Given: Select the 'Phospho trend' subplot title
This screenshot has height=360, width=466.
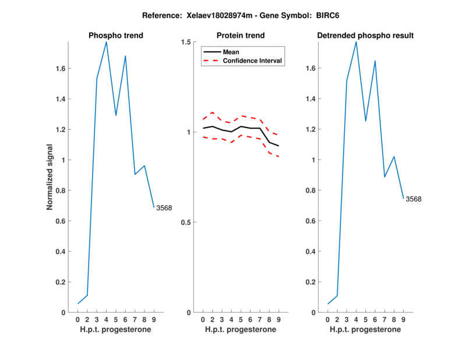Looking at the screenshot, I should [116, 36].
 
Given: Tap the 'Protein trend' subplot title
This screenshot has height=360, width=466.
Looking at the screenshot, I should [241, 36].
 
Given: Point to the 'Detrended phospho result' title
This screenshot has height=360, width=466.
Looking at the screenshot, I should [365, 36].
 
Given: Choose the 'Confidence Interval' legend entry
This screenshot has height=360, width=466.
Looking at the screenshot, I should [253, 60].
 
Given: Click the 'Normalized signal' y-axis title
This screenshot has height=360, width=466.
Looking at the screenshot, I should [50, 177].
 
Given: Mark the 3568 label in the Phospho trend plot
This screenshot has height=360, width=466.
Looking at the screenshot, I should [164, 207].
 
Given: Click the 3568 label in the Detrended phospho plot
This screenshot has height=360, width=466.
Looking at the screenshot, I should [413, 199].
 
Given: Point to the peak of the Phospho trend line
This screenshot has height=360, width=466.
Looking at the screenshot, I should [106, 41].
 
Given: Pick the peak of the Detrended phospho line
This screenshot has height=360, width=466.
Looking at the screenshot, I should [356, 41].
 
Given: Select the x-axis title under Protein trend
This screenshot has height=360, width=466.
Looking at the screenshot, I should [241, 330].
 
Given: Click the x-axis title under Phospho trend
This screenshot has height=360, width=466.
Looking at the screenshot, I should [116, 330].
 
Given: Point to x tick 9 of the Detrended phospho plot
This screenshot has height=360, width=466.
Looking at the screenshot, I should [404, 319].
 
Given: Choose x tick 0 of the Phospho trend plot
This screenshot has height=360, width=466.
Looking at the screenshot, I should [78, 319].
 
